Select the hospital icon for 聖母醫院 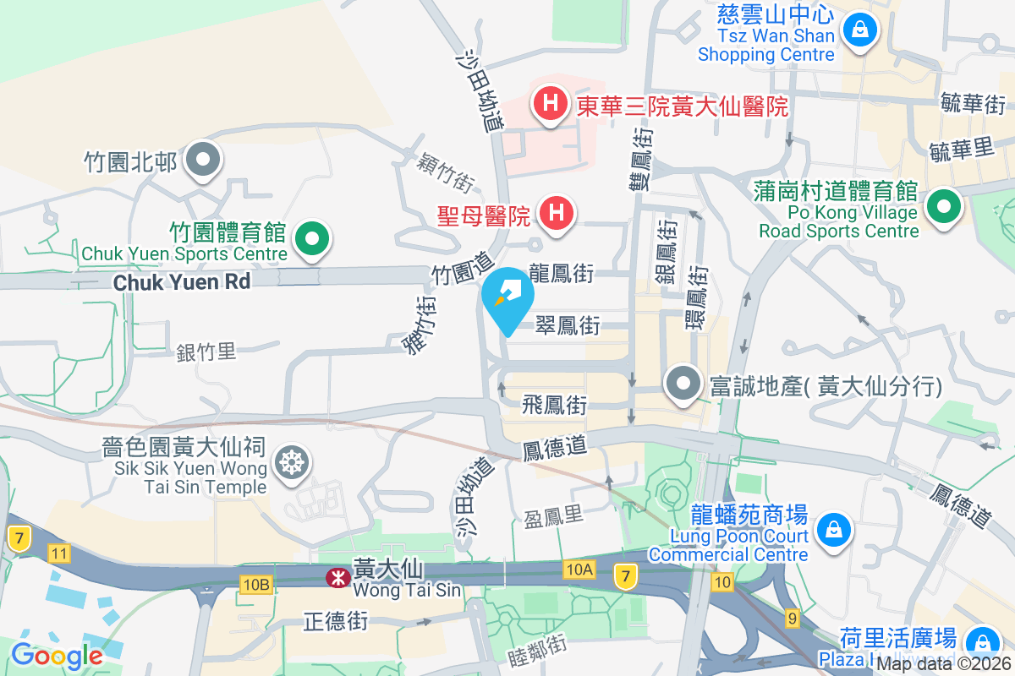[x=557, y=212]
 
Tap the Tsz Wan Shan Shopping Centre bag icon [x=860, y=31]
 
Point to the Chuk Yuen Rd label [x=182, y=281]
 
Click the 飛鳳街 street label [x=555, y=405]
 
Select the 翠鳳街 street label [x=568, y=325]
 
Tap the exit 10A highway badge [x=580, y=569]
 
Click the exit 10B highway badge [x=255, y=584]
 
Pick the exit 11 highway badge [x=58, y=554]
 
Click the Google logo [x=57, y=655]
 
